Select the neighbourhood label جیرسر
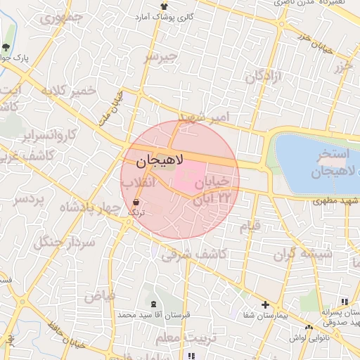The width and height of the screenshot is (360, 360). [161, 56]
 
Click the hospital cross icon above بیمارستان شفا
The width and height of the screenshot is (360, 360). [265, 304]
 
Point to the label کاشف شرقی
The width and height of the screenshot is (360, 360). [194, 255]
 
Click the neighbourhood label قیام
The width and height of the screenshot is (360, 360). [250, 226]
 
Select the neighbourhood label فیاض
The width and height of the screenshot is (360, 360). [99, 297]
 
